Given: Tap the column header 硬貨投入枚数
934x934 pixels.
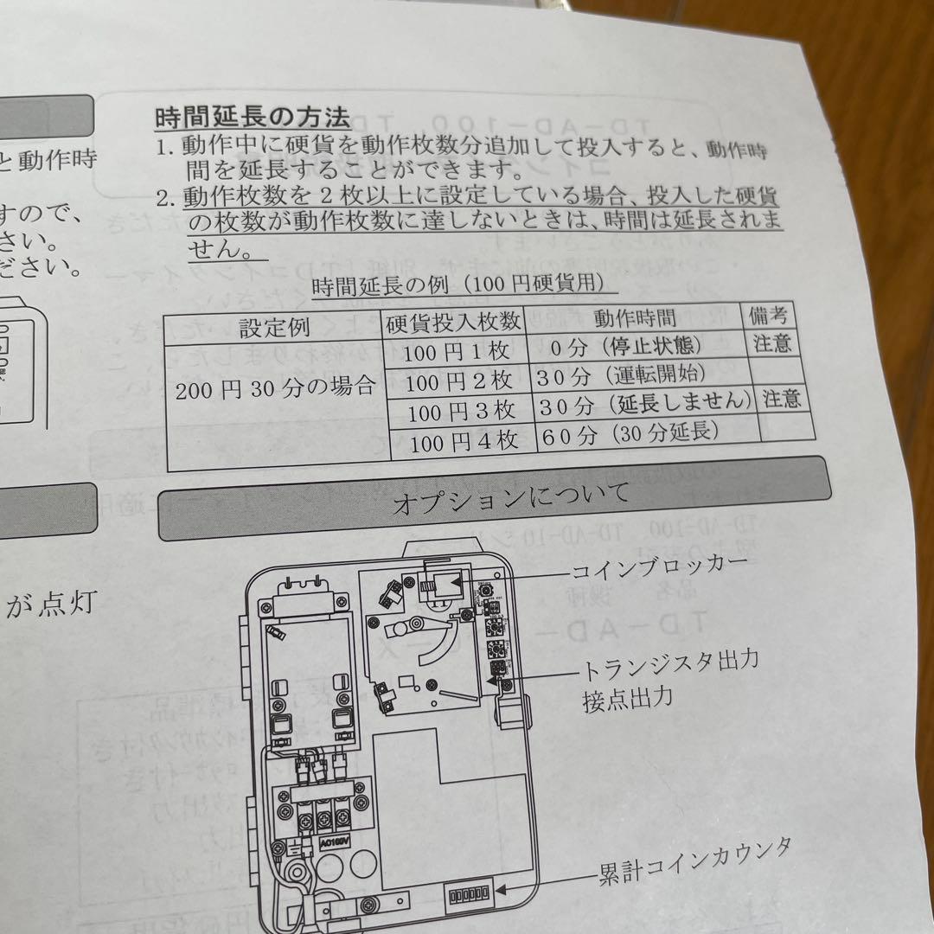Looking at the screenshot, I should tap(455, 322).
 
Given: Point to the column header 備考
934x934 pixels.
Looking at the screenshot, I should tap(770, 313).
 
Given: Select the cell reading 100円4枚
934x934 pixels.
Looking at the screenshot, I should tap(464, 441).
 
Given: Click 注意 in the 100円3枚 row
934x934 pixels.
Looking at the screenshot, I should tap(782, 398).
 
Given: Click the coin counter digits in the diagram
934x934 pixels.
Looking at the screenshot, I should tap(466, 892).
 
